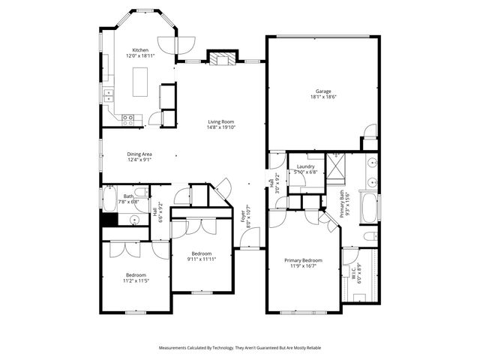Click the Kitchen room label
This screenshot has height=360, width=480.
(x=140, y=50)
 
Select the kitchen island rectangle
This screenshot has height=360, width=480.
(x=139, y=81)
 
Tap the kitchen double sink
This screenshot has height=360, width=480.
(x=109, y=94)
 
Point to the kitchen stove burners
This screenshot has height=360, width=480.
(x=127, y=118)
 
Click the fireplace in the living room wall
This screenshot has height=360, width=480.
(x=221, y=58)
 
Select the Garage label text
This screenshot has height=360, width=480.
(x=323, y=91)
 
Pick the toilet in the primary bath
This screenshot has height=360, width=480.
(x=370, y=237)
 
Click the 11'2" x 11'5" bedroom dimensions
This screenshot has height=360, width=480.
(x=136, y=280)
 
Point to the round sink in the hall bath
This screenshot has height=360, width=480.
(x=133, y=220)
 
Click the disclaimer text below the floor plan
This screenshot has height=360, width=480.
(x=240, y=348)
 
